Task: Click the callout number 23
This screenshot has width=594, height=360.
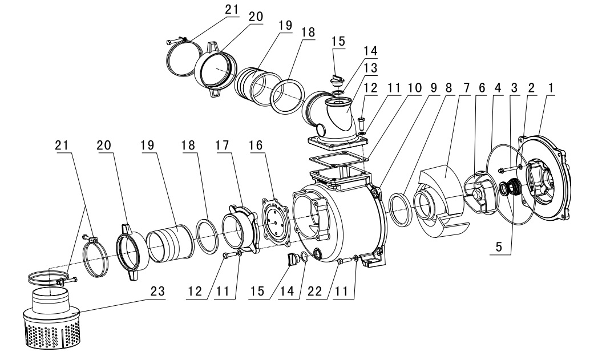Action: (157, 291)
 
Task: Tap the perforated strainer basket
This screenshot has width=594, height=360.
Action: (52, 318)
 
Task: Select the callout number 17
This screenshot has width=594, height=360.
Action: (223, 145)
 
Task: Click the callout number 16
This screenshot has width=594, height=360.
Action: (256, 145)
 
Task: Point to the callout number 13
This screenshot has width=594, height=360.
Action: (370, 68)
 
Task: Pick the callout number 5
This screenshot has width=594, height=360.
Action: (499, 247)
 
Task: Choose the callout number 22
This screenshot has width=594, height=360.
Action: (314, 291)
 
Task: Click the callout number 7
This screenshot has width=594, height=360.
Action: (465, 88)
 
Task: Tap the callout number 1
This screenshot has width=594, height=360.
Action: (551, 88)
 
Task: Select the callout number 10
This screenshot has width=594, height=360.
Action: (415, 88)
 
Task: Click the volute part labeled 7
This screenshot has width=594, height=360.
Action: (443, 201)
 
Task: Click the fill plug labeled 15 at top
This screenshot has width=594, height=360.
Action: (337, 78)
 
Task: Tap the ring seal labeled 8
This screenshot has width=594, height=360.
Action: (400, 209)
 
